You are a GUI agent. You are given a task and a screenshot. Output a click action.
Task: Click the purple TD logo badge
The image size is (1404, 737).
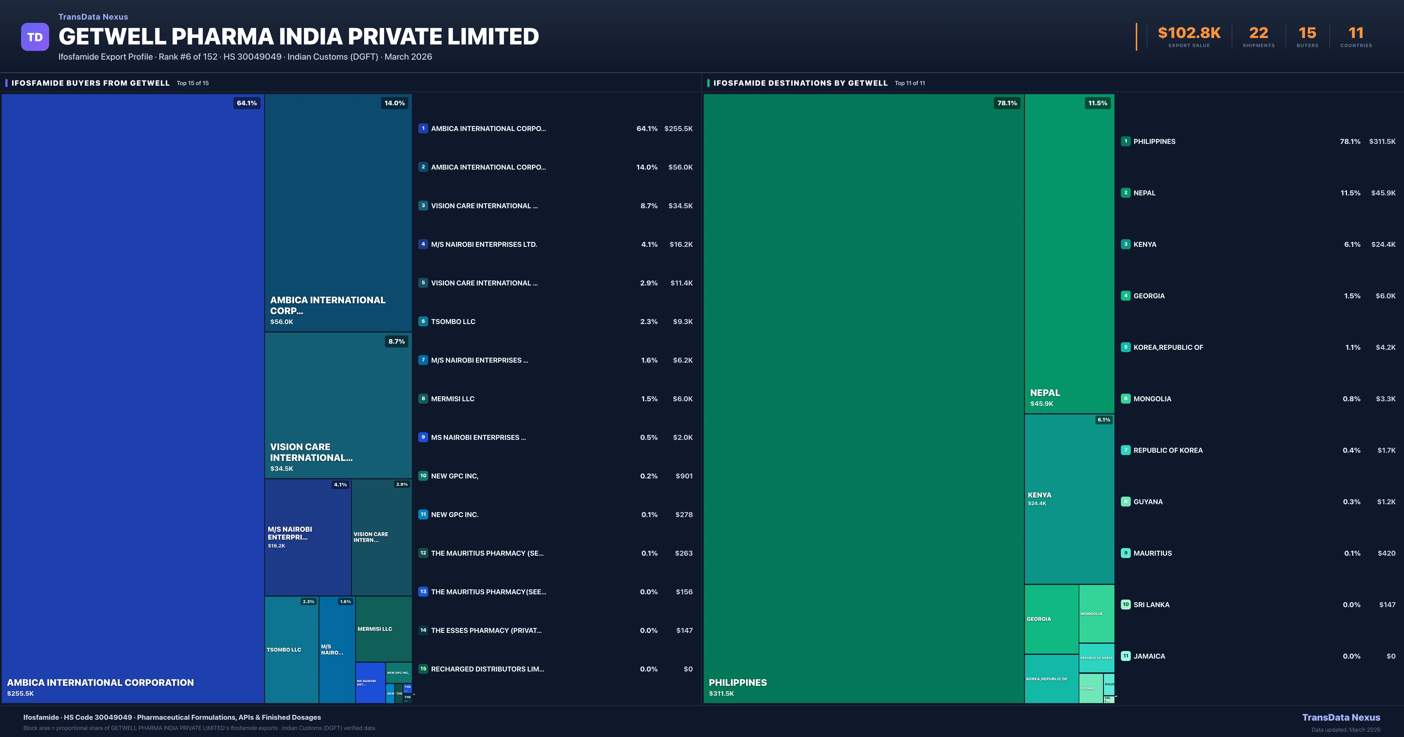point(35,37)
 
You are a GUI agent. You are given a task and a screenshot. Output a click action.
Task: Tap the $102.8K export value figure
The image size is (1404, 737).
point(1189,33)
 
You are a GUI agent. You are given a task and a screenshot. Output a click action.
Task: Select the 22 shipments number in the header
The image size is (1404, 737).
point(1258,33)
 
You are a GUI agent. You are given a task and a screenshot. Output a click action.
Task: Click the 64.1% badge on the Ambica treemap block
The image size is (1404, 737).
point(246,103)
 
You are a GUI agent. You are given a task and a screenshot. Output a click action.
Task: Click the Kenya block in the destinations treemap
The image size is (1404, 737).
point(1069,499)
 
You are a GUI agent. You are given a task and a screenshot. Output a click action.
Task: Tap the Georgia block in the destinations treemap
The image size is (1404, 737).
point(1051,619)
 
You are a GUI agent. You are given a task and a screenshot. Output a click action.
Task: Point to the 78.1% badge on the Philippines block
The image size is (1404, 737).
point(1007,103)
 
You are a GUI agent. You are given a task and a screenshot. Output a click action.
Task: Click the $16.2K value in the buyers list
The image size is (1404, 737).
point(681,244)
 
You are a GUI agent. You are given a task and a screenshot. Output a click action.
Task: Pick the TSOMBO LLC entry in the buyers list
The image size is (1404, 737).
point(453,322)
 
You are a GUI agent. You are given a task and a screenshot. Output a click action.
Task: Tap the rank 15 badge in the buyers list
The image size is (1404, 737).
point(423,669)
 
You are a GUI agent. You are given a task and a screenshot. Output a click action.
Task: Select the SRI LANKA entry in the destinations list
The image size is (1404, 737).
point(1151,605)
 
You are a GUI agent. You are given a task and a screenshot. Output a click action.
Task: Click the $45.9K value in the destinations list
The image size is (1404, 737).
point(1383,193)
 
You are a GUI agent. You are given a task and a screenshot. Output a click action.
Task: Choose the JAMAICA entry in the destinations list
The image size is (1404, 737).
point(1149,656)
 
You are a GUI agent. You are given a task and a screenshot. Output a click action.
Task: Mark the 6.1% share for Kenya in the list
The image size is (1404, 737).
point(1352,244)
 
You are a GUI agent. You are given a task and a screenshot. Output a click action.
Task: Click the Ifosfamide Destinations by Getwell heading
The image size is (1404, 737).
point(800,83)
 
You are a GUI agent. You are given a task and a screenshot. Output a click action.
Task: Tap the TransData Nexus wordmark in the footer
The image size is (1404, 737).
point(1341,717)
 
